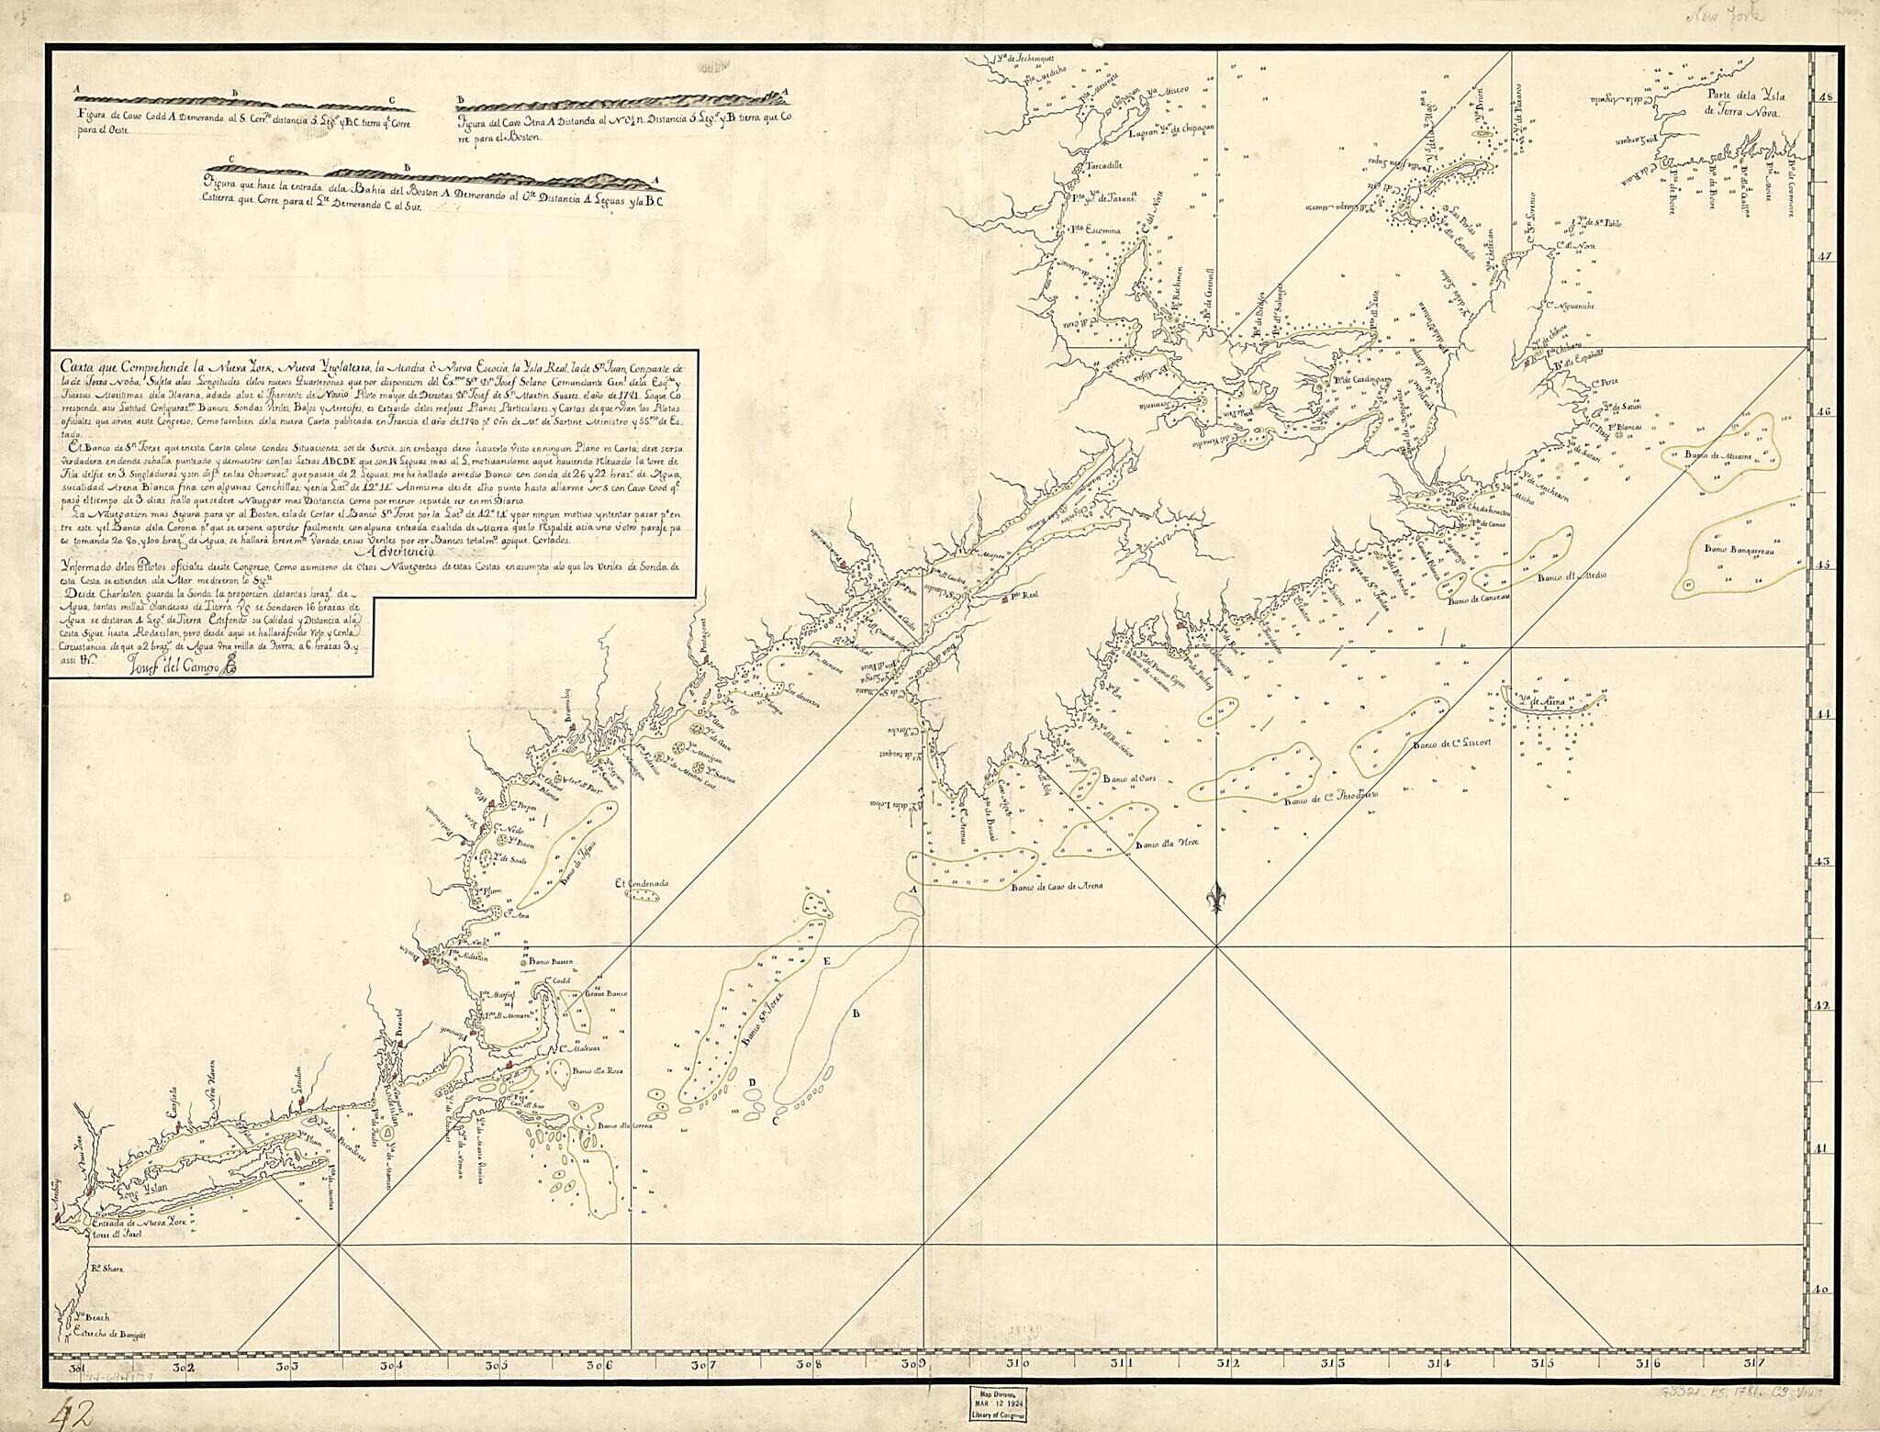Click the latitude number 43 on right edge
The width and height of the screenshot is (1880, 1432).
pos(1796,861)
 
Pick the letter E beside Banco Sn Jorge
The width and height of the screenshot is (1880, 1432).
pos(826,961)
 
